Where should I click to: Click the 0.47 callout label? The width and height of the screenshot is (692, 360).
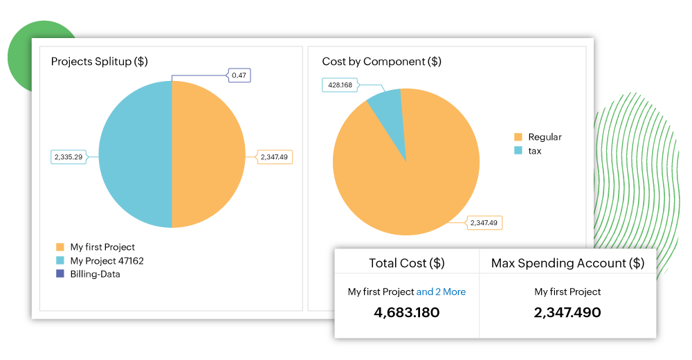tap(239, 75)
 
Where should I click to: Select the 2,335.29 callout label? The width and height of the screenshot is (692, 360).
tap(69, 157)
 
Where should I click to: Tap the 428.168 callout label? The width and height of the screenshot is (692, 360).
tap(339, 85)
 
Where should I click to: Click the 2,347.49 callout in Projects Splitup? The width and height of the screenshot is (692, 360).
tap(275, 157)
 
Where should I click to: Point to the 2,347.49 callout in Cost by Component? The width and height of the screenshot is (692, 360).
tap(484, 222)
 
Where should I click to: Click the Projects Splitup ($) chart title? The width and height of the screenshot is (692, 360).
tap(99, 62)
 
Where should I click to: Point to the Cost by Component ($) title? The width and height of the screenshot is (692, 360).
tap(381, 62)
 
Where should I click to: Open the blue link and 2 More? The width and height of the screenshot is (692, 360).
tap(441, 292)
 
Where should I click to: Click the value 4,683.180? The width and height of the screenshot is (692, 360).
tap(407, 312)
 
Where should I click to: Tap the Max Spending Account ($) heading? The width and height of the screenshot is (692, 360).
tap(567, 263)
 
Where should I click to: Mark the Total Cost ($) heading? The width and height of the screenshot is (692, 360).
tap(407, 263)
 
